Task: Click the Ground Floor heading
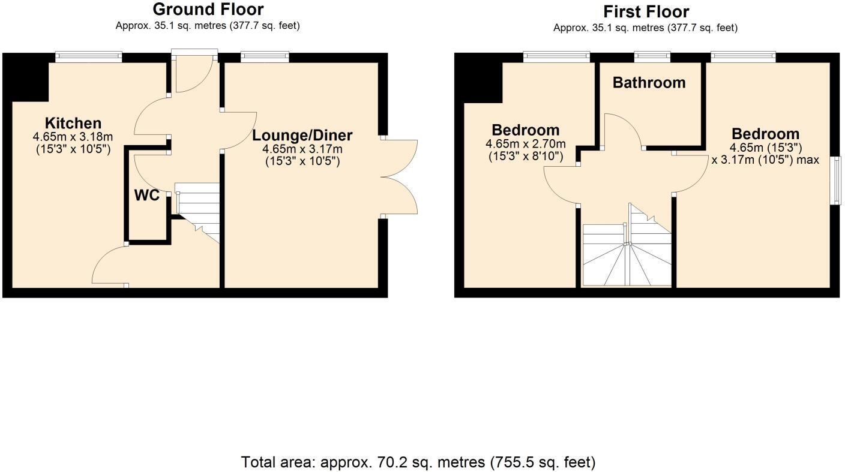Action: click(208, 10)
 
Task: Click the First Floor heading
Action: click(646, 12)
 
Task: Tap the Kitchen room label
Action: click(74, 124)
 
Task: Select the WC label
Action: click(146, 196)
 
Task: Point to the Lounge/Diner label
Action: click(302, 136)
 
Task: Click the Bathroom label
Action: click(649, 83)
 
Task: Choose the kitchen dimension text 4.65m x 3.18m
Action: click(72, 137)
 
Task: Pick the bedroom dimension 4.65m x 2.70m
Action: click(525, 144)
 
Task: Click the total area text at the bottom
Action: click(418, 462)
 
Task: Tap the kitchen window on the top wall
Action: click(89, 57)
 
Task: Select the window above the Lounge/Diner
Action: click(265, 57)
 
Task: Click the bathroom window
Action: click(653, 57)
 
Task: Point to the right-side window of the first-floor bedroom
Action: click(835, 181)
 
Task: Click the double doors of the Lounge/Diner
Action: click(399, 177)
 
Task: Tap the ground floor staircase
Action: click(198, 210)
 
